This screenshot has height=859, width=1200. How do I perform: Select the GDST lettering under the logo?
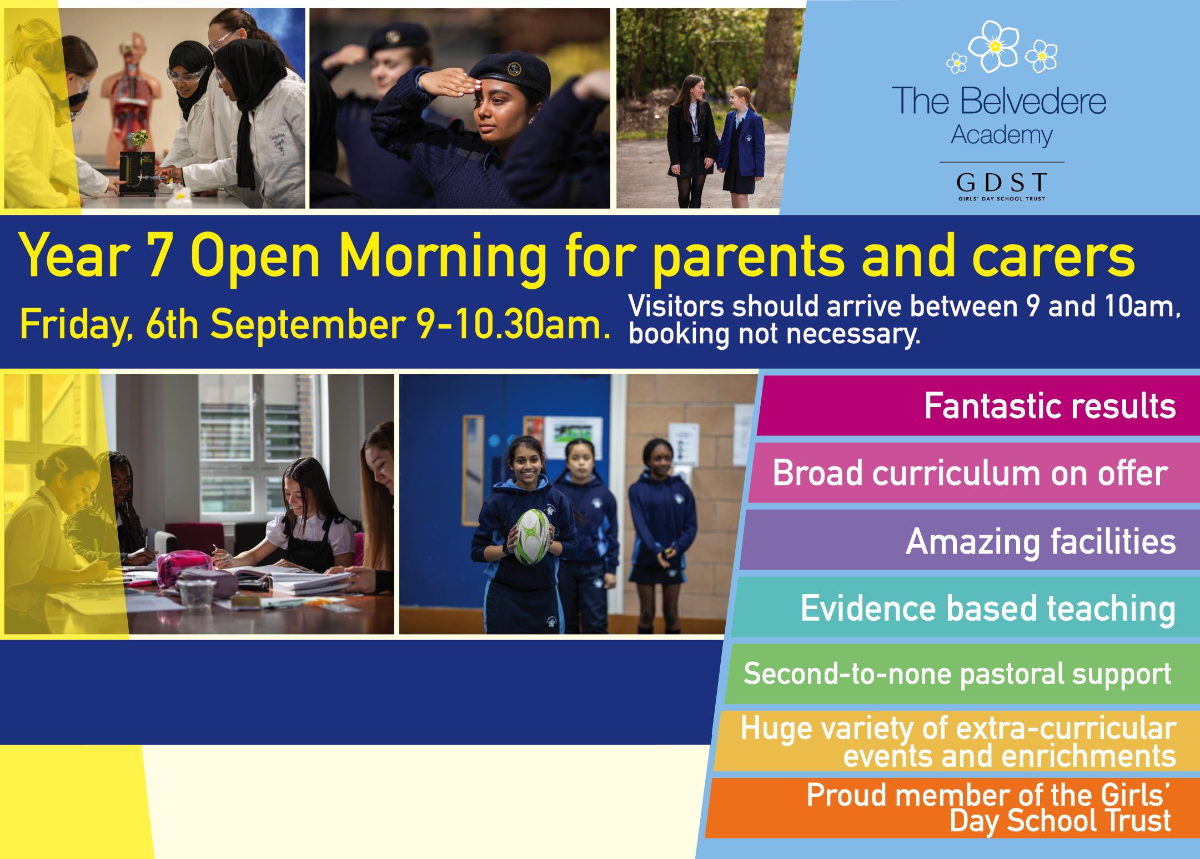tap(1002, 182)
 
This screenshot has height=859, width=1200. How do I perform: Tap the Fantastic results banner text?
tap(1050, 406)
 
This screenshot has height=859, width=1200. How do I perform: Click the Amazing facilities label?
tap(1041, 541)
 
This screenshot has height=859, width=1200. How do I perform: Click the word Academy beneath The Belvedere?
tap(1002, 135)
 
